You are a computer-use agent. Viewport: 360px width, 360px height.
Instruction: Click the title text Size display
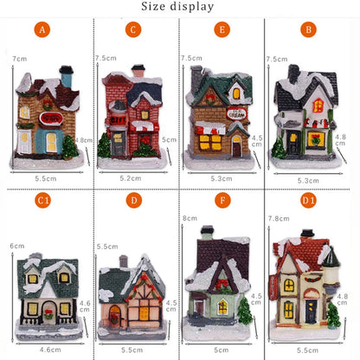179,7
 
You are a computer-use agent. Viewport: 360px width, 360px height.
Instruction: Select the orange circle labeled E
222,29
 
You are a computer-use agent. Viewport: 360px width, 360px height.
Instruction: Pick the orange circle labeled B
307,29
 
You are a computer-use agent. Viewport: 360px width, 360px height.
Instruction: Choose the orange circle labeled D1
307,200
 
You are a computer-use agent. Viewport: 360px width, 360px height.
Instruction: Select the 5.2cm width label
131,177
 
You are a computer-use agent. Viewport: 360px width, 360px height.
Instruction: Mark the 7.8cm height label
278,219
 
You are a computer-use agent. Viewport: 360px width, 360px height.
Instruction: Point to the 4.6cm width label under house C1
50,349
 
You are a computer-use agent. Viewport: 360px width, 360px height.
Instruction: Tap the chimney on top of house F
207,231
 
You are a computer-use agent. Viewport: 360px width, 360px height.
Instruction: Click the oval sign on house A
49,116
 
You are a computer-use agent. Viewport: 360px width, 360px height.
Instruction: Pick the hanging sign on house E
236,112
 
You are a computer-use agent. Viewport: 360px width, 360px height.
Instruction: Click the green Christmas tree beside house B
280,149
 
